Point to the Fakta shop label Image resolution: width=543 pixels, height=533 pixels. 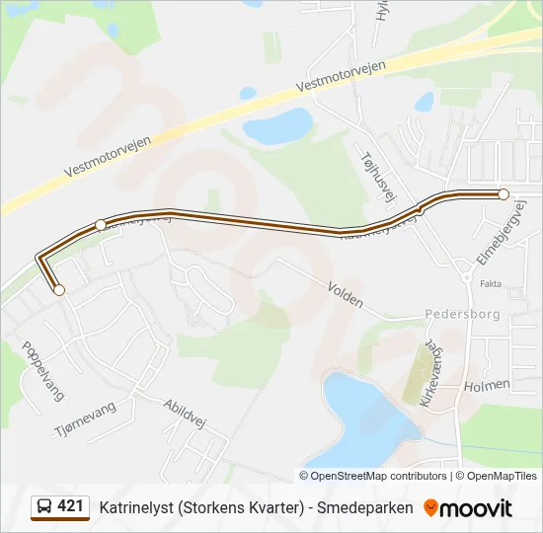click(x=491, y=283)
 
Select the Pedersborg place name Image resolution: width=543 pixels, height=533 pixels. click(x=462, y=314)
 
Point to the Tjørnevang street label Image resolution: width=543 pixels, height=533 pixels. click(x=86, y=420)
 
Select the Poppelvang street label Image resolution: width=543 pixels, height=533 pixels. click(x=42, y=370)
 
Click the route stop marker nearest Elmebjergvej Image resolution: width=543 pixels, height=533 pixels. click(x=504, y=194)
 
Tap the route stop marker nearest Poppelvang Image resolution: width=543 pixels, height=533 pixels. click(x=59, y=290)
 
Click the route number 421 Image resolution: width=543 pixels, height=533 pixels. click(x=70, y=506)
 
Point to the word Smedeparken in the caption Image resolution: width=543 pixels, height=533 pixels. click(x=364, y=507)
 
